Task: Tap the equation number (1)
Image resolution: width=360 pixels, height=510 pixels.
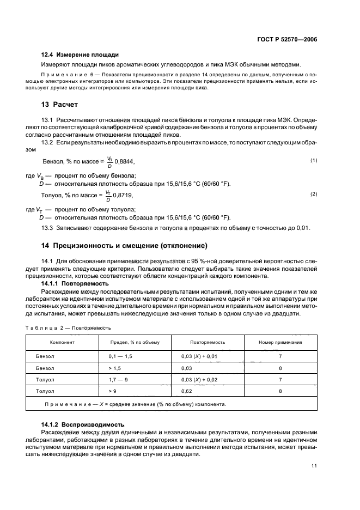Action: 314,160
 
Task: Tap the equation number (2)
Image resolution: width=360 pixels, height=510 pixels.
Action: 314,194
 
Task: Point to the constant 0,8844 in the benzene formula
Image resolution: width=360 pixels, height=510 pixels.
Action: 124,162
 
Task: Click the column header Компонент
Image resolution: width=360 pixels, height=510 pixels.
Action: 62,342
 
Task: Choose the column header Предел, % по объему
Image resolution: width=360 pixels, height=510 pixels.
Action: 135,342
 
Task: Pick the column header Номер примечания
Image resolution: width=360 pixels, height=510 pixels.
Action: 280,342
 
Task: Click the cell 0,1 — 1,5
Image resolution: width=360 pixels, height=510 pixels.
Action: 121,356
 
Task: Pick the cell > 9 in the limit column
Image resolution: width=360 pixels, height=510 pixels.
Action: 112,391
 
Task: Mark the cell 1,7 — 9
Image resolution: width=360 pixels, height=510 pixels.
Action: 118,379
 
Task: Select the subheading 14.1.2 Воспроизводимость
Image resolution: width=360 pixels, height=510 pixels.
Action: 83,424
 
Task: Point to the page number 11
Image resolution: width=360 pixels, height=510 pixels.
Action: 314,466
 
